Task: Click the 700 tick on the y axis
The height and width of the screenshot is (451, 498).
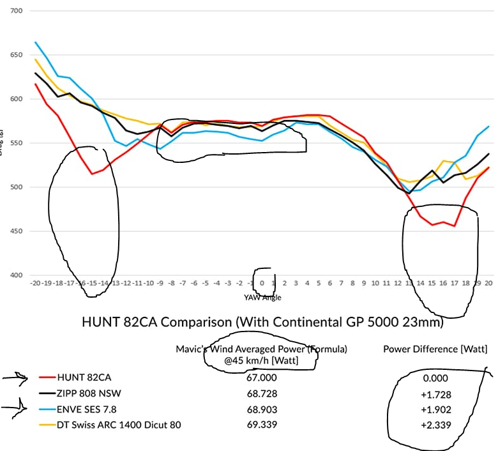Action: (14, 11)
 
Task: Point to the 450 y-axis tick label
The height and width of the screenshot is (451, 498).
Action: (14, 231)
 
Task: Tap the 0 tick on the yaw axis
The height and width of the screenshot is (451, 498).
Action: (262, 282)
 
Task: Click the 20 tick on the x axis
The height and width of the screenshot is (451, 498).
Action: (489, 282)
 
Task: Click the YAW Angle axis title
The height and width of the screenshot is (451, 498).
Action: (262, 297)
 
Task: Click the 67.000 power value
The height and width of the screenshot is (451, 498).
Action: (262, 377)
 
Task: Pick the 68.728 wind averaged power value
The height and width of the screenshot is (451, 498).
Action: (262, 392)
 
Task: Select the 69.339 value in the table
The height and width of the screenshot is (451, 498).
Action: (262, 424)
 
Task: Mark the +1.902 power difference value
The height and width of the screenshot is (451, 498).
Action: (435, 408)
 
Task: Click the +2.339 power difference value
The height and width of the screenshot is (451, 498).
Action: (435, 424)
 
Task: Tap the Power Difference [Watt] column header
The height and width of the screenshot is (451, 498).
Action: (435, 349)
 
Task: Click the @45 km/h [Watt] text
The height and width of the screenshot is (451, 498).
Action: (262, 360)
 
